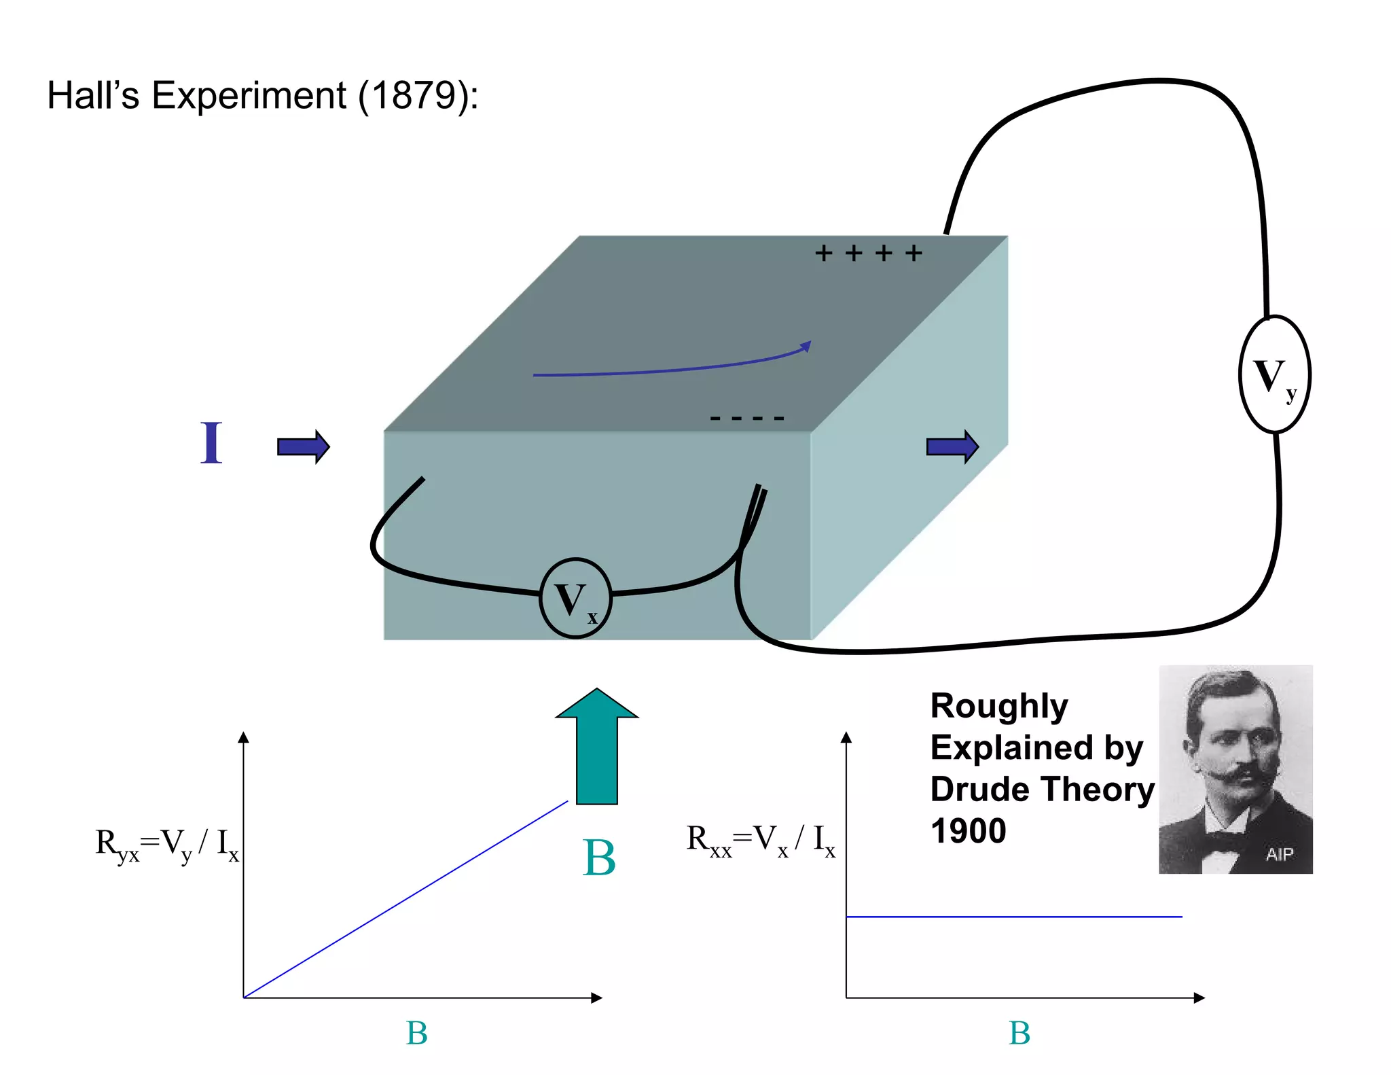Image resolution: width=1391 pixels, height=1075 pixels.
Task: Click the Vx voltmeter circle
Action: [x=575, y=598]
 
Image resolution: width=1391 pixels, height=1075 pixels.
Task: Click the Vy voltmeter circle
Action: [x=1274, y=374]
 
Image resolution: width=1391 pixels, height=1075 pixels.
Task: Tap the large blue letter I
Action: [x=211, y=443]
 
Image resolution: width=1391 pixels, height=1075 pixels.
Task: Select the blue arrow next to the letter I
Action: [x=303, y=446]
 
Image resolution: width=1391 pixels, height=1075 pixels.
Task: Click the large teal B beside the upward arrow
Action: [x=599, y=858]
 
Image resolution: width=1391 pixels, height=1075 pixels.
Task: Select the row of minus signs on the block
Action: [x=746, y=418]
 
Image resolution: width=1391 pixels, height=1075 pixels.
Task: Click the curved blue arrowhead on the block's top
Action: [x=806, y=347]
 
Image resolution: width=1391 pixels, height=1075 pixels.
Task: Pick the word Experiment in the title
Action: [x=249, y=95]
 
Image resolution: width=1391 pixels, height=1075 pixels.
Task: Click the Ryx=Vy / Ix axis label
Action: [x=167, y=845]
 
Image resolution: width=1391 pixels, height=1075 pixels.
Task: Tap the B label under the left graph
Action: [x=416, y=1034]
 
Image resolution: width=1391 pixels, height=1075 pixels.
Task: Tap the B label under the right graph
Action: [x=1019, y=1034]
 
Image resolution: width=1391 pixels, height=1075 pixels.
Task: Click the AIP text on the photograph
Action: [x=1279, y=854]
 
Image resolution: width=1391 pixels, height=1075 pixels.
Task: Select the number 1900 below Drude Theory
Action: [x=968, y=831]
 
